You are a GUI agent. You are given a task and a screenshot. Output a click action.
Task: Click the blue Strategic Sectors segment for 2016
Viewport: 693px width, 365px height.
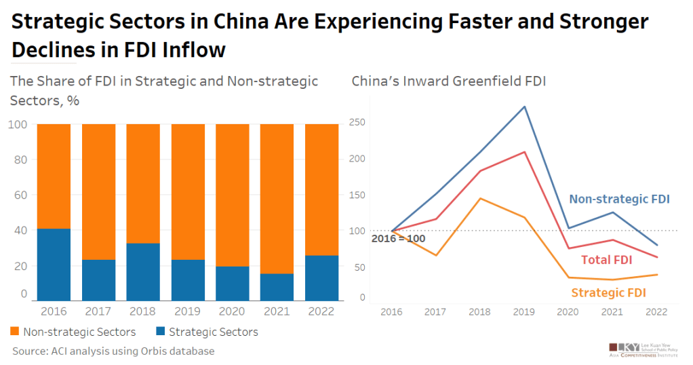(54, 265)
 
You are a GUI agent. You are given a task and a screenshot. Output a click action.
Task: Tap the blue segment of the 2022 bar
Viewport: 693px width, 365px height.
(321, 277)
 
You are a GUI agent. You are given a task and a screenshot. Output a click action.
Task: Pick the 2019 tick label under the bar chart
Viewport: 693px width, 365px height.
(187, 311)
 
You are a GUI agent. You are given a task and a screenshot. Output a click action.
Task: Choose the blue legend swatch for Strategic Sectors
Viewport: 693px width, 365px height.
(161, 332)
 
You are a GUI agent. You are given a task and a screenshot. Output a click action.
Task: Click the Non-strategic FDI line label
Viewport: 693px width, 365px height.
(619, 199)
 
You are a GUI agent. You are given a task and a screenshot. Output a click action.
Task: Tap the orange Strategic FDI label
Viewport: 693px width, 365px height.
(608, 293)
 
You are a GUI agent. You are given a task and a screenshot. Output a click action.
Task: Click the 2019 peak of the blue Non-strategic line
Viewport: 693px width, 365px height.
(524, 107)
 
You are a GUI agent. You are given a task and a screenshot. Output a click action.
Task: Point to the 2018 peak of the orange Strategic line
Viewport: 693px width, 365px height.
(480, 198)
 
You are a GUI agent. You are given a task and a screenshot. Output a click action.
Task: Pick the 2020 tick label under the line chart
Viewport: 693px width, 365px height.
(568, 311)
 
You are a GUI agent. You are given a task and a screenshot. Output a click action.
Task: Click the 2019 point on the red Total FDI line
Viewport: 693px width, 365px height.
(524, 152)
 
